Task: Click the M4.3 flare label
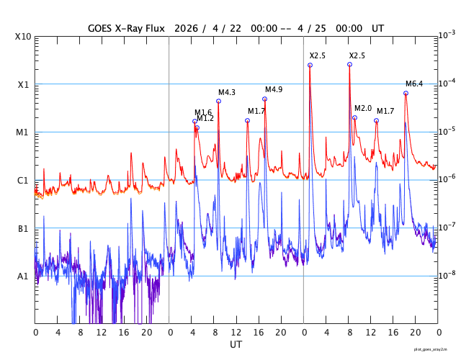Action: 227,92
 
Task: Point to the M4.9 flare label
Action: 274,89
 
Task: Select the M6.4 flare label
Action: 414,84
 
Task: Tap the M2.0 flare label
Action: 363,108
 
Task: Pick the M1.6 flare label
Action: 203,112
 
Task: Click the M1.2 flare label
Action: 205,118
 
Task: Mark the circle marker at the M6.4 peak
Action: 406,93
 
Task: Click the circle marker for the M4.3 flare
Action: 218,101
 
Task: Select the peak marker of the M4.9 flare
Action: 264,99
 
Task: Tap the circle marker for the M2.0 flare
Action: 354,117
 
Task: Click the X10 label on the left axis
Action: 24,37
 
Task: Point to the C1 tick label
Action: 24,180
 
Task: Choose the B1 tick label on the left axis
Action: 24,228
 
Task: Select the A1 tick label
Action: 24,276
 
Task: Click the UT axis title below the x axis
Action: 236,345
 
